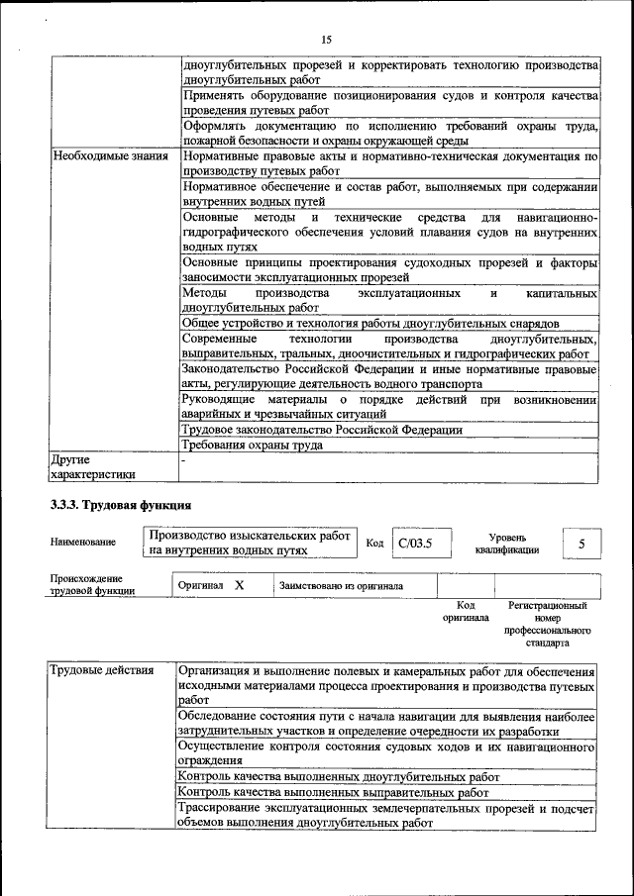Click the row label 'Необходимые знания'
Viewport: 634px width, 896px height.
click(x=103, y=156)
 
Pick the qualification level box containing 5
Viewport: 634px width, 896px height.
click(x=581, y=544)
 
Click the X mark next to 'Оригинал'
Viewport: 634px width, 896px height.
click(x=239, y=585)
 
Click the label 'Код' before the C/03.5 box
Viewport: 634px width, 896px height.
click(x=374, y=543)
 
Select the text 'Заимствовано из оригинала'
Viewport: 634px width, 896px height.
click(x=341, y=586)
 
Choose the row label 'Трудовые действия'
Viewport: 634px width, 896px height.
click(x=102, y=671)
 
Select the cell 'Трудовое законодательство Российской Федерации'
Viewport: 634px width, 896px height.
click(x=322, y=430)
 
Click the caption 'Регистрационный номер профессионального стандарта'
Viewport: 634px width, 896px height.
click(x=547, y=623)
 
